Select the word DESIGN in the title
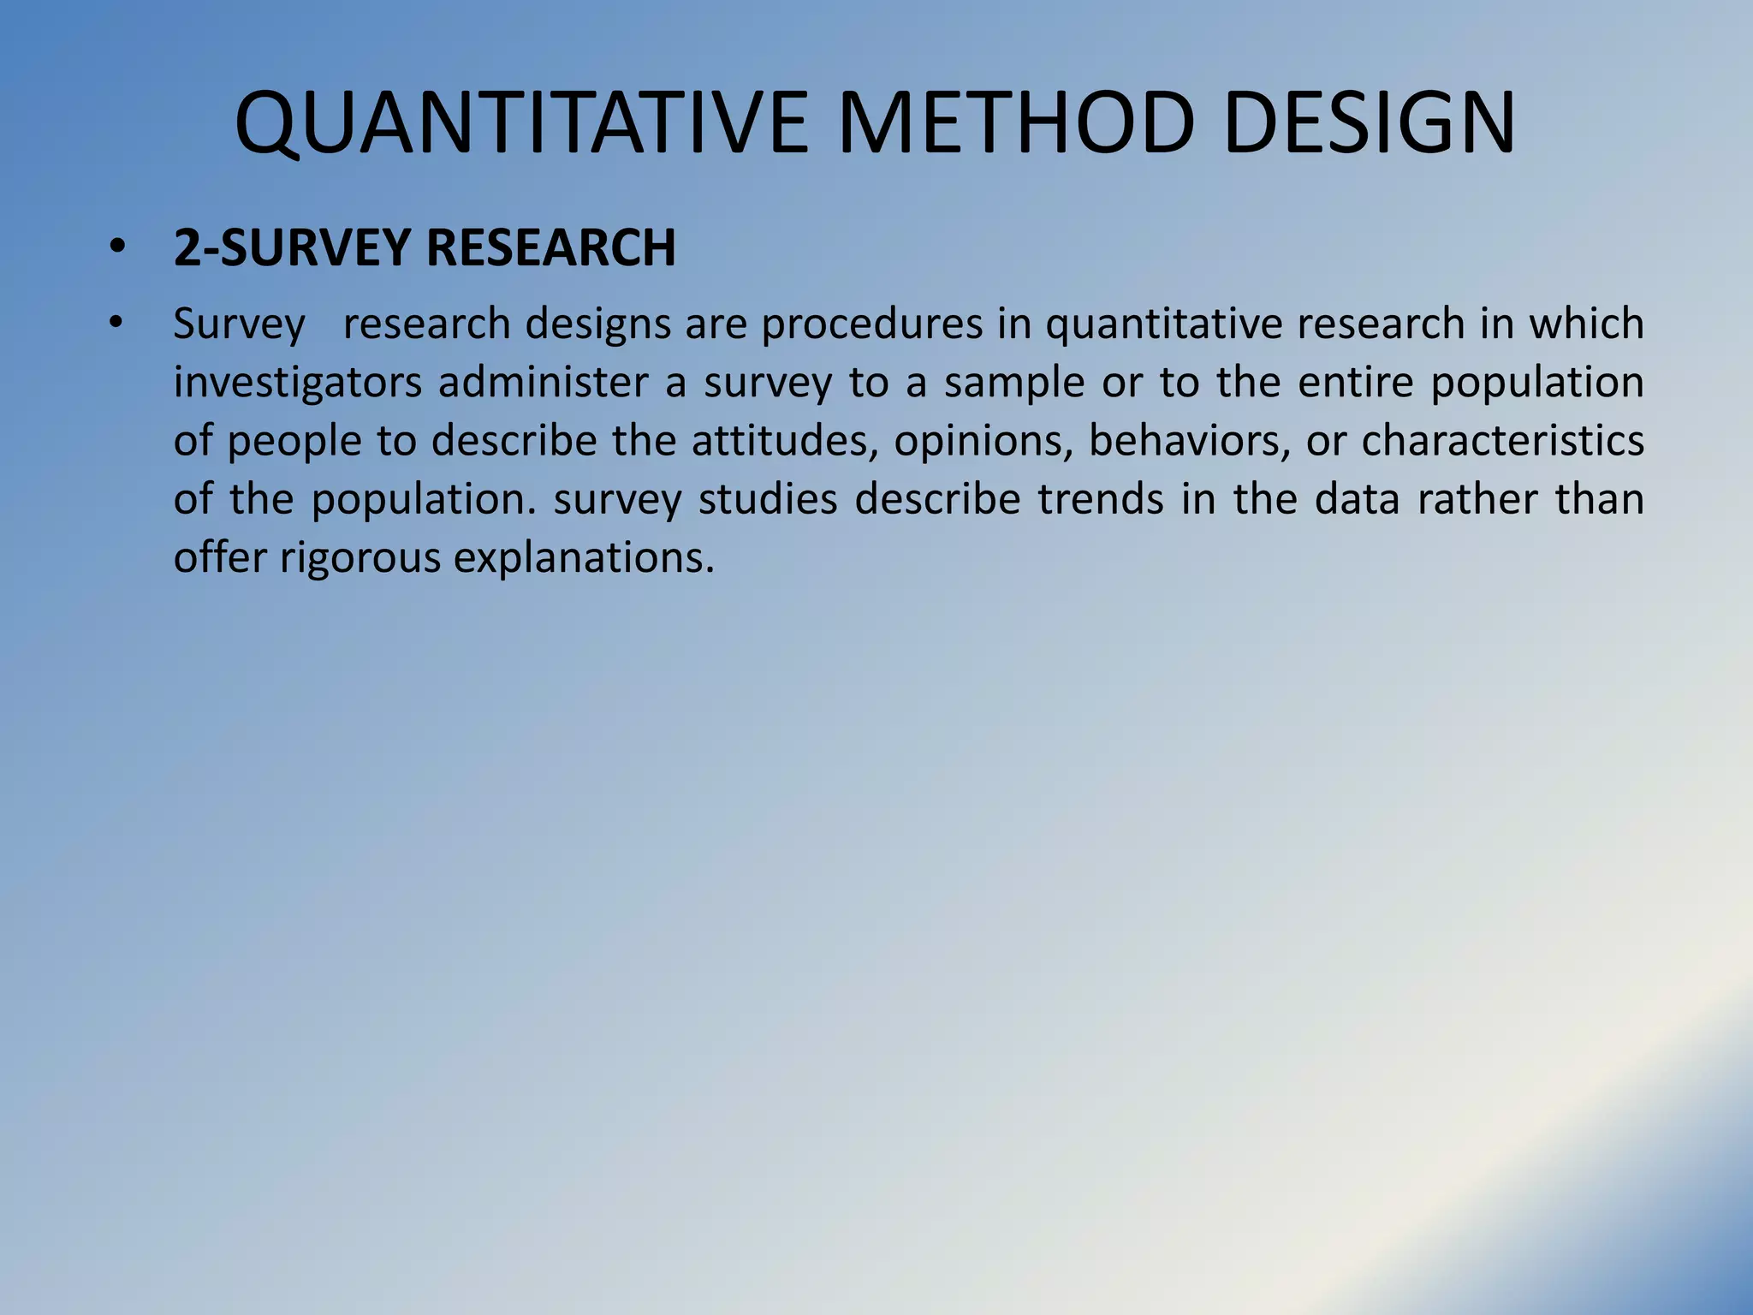(x=1370, y=124)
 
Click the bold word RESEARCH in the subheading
(x=550, y=248)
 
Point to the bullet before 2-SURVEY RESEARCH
(x=117, y=248)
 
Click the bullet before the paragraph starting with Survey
(x=117, y=324)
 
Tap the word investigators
(x=297, y=383)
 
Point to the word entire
(x=1355, y=383)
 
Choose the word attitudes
(x=785, y=441)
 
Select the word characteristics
(x=1502, y=441)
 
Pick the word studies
(x=768, y=499)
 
